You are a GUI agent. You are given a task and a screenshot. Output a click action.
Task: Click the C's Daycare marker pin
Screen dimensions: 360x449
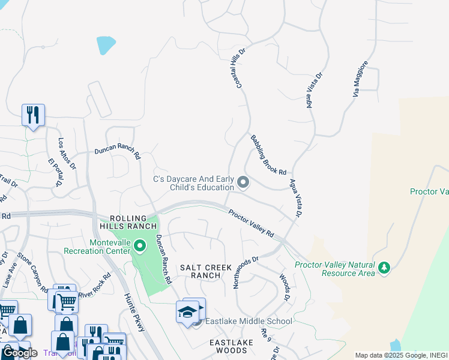(243, 181)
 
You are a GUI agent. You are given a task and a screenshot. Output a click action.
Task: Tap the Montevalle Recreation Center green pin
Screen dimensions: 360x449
(140, 246)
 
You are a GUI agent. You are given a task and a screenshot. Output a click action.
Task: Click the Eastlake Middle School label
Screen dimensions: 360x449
(249, 322)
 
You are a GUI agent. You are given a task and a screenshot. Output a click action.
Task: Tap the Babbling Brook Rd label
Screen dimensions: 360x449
(268, 155)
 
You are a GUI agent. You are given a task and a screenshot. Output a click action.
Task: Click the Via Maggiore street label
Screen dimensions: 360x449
(360, 79)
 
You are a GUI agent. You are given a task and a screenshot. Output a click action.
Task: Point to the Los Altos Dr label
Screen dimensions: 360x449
(67, 154)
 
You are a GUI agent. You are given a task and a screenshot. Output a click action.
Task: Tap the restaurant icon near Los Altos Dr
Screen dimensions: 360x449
(33, 115)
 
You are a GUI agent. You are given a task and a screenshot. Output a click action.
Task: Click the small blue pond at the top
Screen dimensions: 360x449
(106, 44)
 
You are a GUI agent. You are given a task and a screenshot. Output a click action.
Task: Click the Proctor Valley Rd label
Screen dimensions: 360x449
(251, 223)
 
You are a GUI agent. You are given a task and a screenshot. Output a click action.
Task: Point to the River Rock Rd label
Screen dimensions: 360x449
(94, 284)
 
